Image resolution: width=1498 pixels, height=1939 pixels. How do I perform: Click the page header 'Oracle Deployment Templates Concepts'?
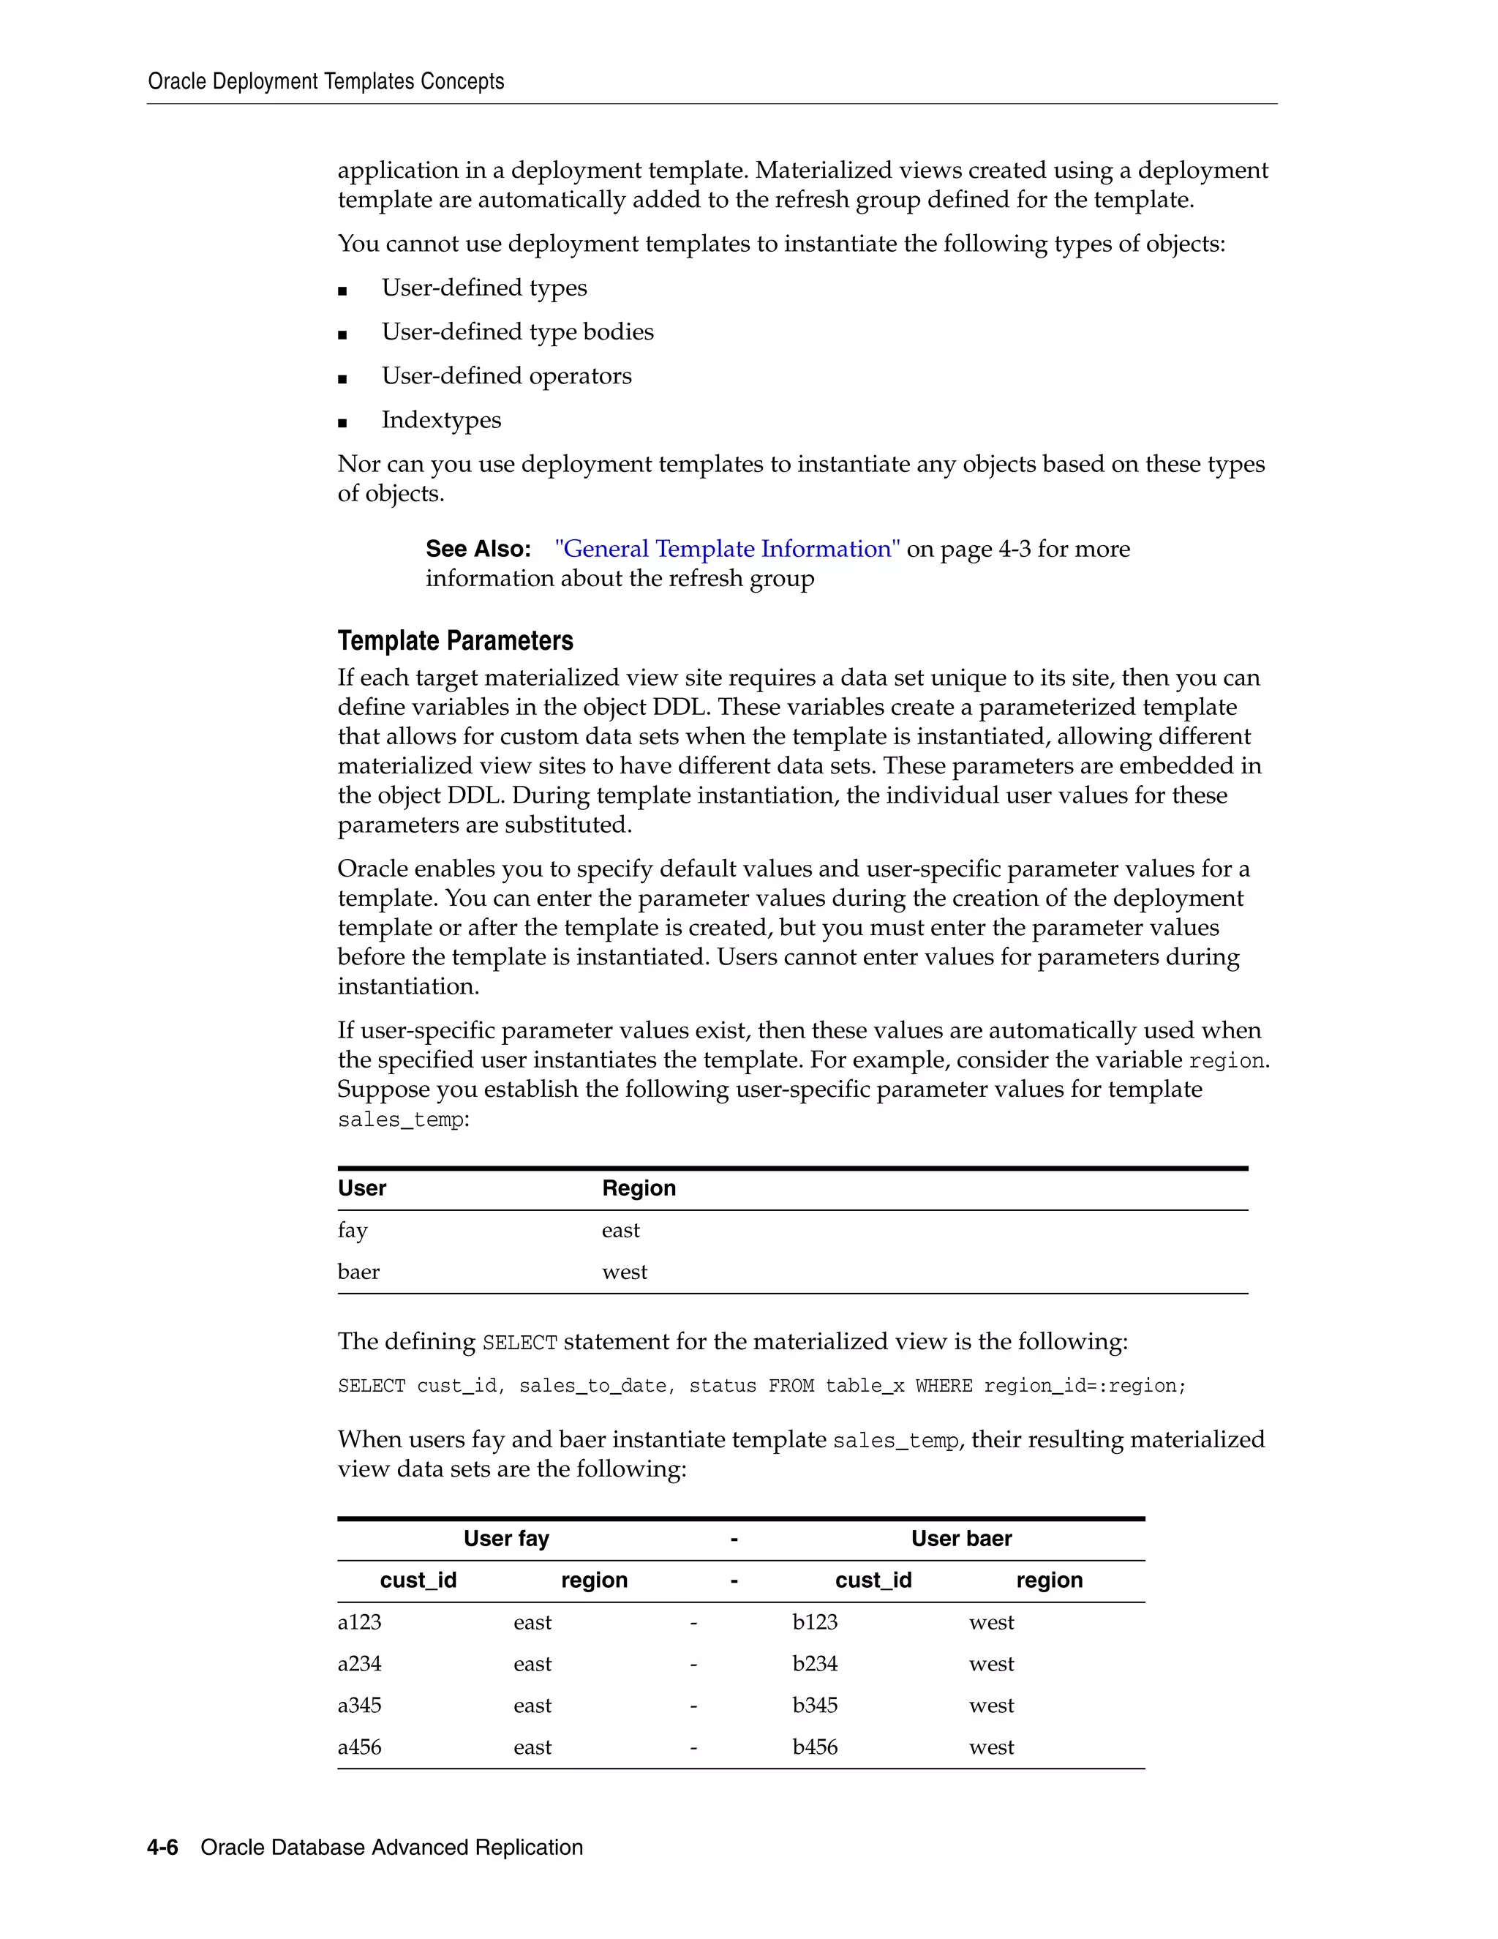325,82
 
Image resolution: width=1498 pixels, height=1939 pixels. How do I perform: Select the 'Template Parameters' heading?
454,641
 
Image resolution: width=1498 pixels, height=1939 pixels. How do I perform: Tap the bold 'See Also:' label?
478,549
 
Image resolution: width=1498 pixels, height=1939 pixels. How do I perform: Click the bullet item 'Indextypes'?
441,420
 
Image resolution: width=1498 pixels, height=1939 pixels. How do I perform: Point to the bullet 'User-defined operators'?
506,375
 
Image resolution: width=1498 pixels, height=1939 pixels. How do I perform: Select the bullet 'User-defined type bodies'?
517,332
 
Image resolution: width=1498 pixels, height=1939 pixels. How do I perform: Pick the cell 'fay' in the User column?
353,1231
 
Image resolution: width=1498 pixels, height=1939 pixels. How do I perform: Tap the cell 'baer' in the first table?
358,1272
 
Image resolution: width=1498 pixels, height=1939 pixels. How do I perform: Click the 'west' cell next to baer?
624,1272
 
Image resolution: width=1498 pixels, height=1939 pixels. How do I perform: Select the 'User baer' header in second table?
961,1539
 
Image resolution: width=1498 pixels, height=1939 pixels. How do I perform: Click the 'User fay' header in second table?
506,1539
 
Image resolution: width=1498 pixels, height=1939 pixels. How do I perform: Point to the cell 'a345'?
359,1706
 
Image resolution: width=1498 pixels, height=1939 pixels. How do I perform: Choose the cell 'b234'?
815,1664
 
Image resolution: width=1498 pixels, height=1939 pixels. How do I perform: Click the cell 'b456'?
815,1747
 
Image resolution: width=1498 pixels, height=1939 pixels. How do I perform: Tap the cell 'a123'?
359,1622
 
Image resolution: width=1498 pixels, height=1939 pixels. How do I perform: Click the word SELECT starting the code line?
371,1386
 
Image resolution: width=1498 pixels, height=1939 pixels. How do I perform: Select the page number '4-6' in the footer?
162,1848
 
